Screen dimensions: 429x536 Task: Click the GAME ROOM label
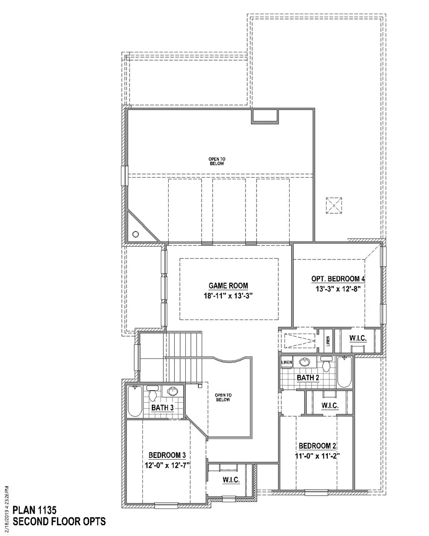[x=228, y=286]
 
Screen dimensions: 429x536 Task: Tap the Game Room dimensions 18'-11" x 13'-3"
[x=228, y=296]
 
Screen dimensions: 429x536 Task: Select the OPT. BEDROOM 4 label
[x=338, y=279]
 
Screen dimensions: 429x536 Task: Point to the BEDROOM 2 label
[x=317, y=446]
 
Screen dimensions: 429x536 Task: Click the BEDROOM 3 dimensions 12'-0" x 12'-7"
[x=167, y=465]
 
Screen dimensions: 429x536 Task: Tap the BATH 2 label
[x=308, y=378]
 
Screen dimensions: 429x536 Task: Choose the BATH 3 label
[x=163, y=408]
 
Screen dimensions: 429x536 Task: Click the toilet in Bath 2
[x=326, y=364]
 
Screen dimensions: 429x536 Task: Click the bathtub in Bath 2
[x=344, y=372]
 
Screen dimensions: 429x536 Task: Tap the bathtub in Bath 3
[x=135, y=401]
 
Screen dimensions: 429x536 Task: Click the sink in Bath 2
[x=304, y=361]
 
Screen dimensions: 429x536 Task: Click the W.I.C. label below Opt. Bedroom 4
[x=358, y=338]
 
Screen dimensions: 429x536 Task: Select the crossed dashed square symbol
[x=334, y=205]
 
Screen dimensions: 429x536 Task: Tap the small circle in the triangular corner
[x=136, y=235]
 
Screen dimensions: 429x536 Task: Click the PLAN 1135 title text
[x=35, y=510]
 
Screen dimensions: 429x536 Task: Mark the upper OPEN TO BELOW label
[x=217, y=161]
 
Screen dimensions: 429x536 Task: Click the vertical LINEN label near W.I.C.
[x=328, y=341]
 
